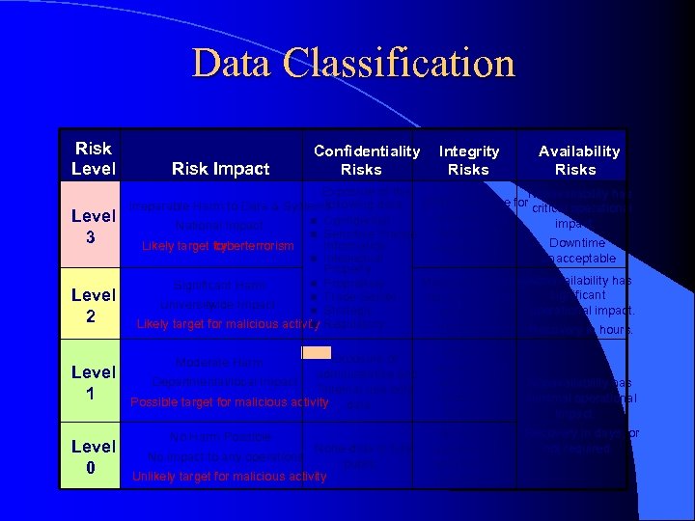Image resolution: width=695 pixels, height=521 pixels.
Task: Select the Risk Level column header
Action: (x=94, y=158)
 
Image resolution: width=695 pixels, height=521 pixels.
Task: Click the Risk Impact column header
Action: (x=220, y=169)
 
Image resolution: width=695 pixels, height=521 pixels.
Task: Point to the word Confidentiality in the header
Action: (x=367, y=151)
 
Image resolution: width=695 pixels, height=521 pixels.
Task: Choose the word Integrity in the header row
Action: (x=469, y=151)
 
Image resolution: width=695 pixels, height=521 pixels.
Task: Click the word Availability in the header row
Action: (x=579, y=151)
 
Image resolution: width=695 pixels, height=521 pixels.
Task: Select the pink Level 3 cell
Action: (x=94, y=224)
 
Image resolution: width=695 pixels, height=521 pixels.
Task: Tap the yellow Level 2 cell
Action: (x=94, y=304)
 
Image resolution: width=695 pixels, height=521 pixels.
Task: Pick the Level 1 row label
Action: (x=94, y=381)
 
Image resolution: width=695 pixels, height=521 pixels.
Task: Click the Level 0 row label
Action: (x=94, y=455)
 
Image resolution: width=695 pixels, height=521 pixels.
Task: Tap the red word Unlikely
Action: (x=154, y=476)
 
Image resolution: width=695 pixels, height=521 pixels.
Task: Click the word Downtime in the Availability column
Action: (x=576, y=242)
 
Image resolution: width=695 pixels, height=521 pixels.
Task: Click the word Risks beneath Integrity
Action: (x=469, y=169)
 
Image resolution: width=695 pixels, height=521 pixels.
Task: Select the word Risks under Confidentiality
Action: (x=361, y=169)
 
